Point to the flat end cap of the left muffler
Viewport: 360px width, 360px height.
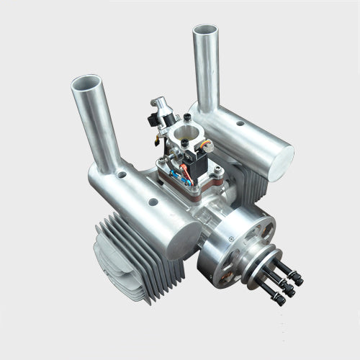[x=186, y=235]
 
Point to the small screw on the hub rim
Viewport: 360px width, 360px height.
[x=230, y=238]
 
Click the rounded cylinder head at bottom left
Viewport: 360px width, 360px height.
[x=115, y=266]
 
